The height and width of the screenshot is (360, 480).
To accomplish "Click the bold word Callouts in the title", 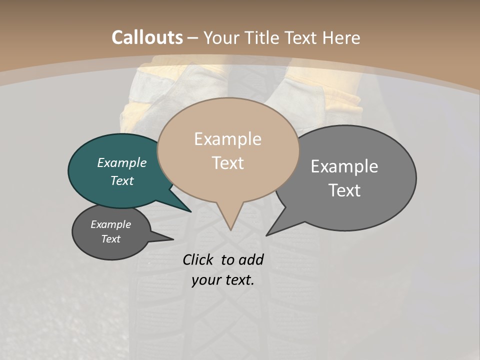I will click(x=147, y=37).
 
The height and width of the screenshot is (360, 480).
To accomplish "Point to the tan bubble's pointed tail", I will click(x=229, y=217).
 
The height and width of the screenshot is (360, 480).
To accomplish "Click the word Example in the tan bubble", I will click(x=227, y=139).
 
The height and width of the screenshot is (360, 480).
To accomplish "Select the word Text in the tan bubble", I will click(x=228, y=163).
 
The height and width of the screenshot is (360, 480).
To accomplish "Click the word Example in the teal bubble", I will click(x=122, y=162).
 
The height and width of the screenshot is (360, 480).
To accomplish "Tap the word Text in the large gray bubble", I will click(x=344, y=190).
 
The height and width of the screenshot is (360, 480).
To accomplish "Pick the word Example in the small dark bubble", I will click(x=110, y=224).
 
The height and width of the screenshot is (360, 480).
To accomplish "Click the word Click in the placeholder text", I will click(x=197, y=259).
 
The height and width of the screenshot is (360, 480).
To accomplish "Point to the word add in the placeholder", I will click(x=251, y=259).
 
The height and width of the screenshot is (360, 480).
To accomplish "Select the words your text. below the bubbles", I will click(x=223, y=280).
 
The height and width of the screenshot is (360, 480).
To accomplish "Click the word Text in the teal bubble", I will click(x=122, y=180).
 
